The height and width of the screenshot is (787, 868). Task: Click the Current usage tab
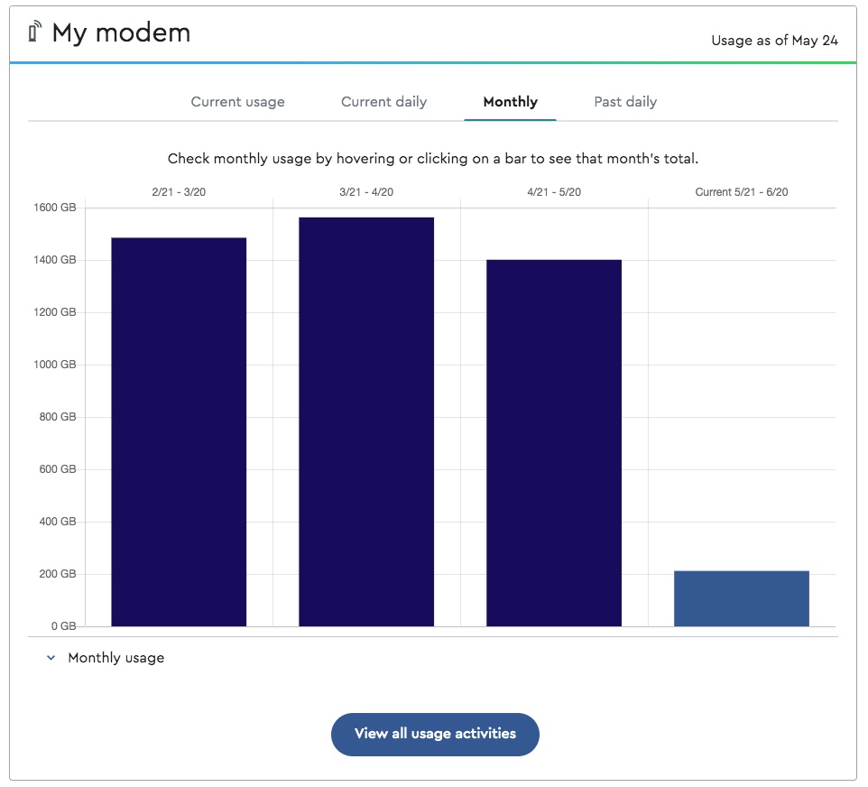237,102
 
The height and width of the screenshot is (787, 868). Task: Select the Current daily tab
383,102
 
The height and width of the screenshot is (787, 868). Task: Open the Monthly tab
510,102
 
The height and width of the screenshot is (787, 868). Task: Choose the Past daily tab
625,102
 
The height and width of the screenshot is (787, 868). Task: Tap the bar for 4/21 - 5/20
554,442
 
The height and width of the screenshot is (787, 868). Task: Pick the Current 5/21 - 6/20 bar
742,598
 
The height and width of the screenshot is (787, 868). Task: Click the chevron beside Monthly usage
51,658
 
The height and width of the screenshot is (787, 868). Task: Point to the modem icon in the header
35,32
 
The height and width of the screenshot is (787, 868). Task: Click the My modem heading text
121,33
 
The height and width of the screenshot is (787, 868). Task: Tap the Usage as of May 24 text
774,41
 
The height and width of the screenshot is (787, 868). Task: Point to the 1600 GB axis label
55,208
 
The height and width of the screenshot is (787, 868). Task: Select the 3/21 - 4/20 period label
366,192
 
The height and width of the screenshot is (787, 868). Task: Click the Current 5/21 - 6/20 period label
742,192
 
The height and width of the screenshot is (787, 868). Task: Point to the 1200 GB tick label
55,312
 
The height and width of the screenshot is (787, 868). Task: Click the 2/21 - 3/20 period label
179,192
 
